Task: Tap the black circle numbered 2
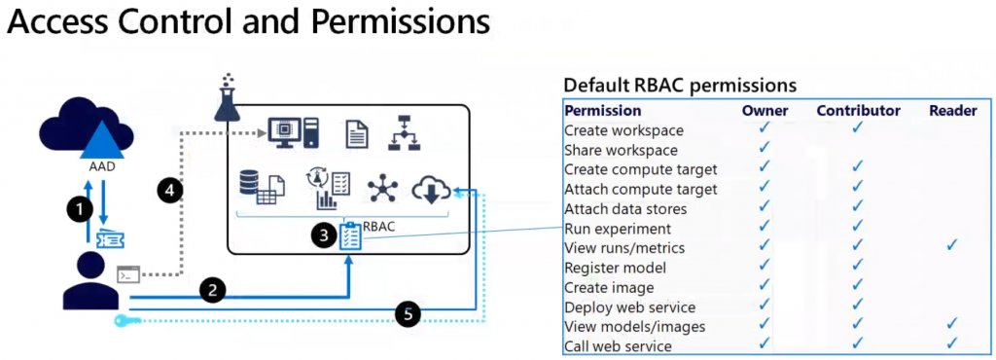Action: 213,290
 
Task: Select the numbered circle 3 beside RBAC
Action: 324,236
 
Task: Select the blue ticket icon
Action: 110,238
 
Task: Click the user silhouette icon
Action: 91,280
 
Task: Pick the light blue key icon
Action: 125,321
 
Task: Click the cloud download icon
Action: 431,189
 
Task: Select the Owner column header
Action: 765,111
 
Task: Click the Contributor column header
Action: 858,111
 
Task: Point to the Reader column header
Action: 953,111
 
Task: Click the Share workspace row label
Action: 621,151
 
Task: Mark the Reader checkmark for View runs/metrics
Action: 951,244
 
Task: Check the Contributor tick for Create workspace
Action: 858,126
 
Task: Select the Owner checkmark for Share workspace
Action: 765,146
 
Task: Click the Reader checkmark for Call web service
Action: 951,342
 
